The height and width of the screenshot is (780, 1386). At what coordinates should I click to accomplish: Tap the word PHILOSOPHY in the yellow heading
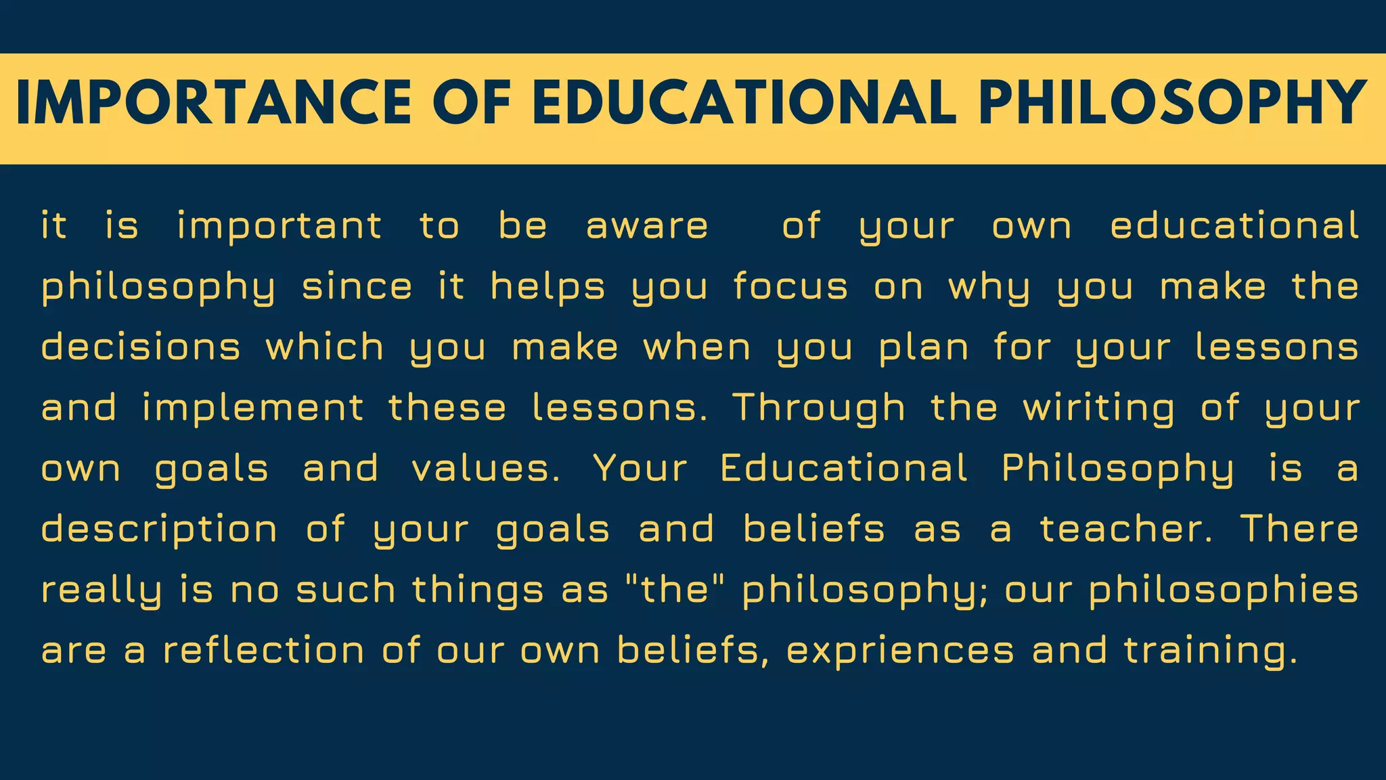[x=1172, y=103]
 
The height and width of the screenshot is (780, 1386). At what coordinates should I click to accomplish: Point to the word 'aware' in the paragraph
[x=647, y=226]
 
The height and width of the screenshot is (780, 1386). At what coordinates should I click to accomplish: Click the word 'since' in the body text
[x=357, y=287]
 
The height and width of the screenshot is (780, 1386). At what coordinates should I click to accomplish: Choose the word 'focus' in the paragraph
[x=790, y=287]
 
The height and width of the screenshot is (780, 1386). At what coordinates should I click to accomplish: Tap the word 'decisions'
[x=141, y=347]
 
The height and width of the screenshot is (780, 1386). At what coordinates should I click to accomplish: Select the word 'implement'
[x=253, y=408]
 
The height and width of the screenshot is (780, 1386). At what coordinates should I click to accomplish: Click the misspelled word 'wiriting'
[x=1098, y=408]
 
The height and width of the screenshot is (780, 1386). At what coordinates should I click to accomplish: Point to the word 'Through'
[x=819, y=408]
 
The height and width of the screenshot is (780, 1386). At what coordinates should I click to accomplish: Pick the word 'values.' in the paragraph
[x=486, y=469]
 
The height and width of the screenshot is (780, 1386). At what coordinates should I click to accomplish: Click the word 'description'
[x=159, y=529]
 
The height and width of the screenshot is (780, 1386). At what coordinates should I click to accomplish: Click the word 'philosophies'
[x=1224, y=590]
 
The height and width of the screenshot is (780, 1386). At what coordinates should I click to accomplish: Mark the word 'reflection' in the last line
[x=264, y=650]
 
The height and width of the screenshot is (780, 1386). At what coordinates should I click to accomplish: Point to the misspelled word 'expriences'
[x=900, y=651]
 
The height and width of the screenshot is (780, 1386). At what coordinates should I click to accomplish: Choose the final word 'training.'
[x=1211, y=651]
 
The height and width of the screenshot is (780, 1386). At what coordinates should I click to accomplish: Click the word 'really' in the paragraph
[x=102, y=590]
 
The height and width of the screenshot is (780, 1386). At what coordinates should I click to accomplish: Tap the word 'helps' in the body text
[x=547, y=287]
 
